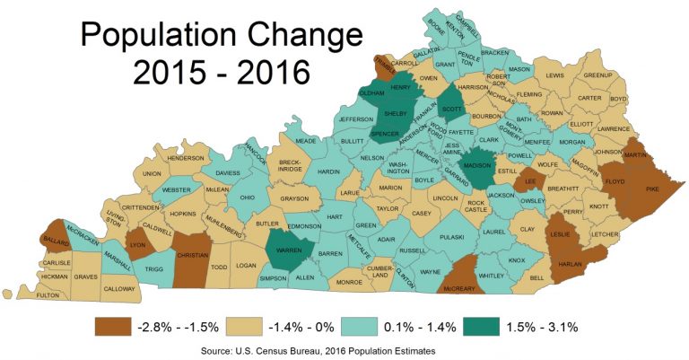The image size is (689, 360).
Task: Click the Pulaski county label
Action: (x=450, y=237)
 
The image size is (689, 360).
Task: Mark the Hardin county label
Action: (x=329, y=171)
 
